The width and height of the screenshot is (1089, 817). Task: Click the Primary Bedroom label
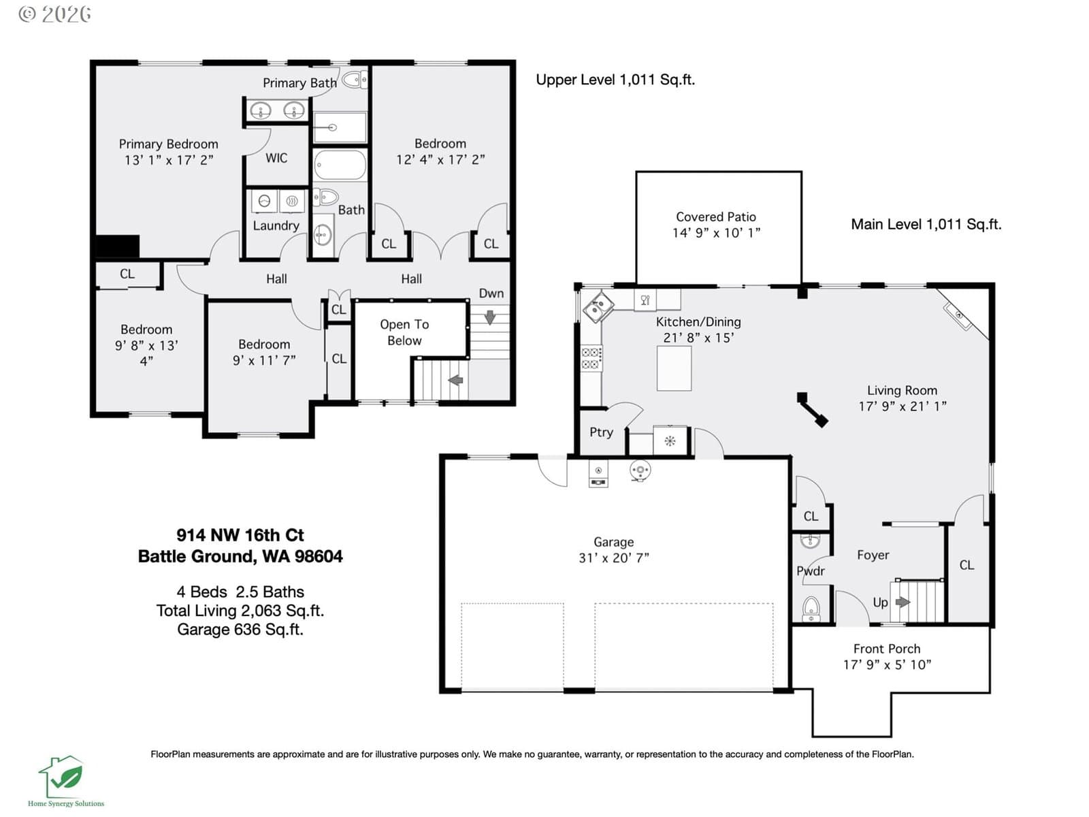tap(168, 144)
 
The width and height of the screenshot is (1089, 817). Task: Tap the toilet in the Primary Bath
tap(354, 80)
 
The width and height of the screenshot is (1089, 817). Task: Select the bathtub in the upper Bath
tap(340, 165)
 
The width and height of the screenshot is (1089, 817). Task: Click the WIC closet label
tap(276, 158)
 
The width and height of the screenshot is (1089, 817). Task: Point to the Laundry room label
tap(276, 226)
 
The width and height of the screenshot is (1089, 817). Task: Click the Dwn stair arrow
tap(489, 317)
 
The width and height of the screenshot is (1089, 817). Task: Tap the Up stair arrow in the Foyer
tap(903, 603)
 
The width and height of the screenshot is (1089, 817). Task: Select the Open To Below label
tap(404, 332)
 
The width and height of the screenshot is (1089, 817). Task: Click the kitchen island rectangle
tap(674, 368)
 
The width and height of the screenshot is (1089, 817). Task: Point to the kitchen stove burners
tap(591, 358)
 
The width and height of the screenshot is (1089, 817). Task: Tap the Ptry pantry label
tap(601, 432)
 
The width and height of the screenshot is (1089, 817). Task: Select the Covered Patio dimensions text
tap(716, 233)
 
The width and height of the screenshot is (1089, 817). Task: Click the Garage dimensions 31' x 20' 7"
tap(614, 558)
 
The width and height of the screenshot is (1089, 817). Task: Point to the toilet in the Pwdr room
tap(811, 608)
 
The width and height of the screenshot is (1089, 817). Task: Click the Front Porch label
tap(887, 648)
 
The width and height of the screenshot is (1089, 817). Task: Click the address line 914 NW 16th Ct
tap(240, 534)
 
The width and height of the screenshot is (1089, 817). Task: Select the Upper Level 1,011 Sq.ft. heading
tap(615, 80)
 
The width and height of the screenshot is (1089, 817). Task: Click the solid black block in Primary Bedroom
tap(117, 246)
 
